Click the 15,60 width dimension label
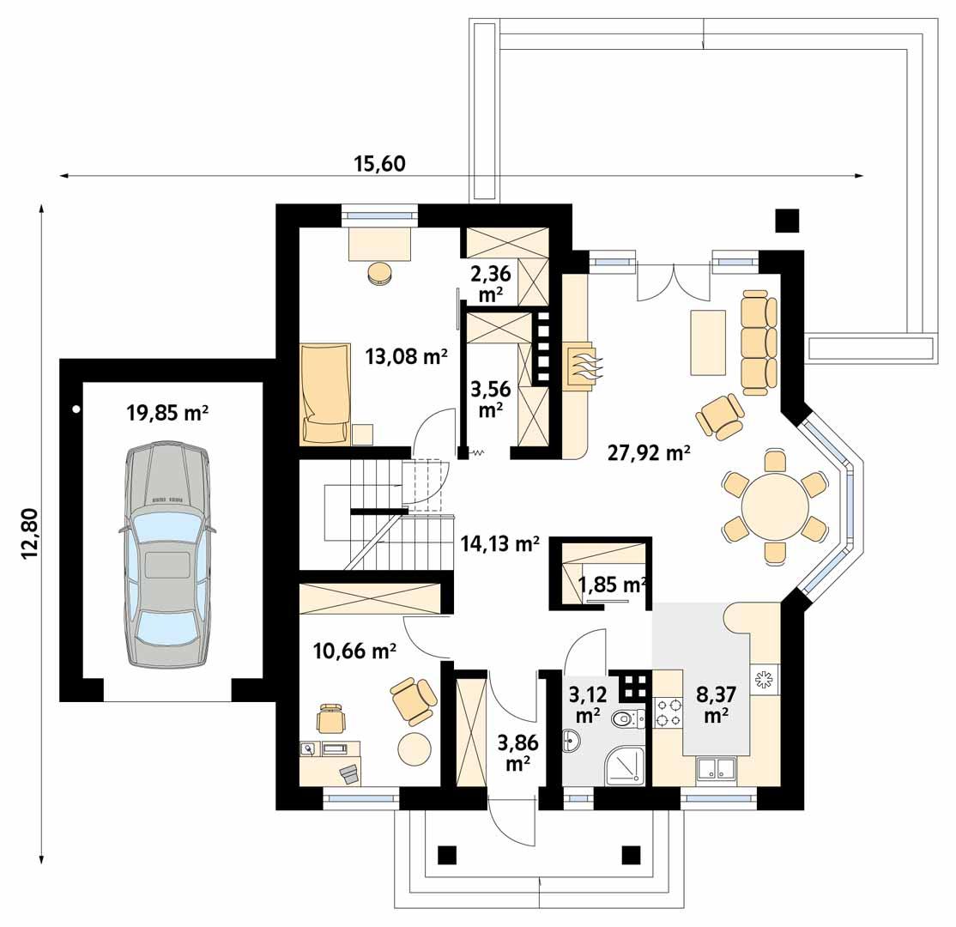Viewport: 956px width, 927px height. pyautogui.click(x=378, y=163)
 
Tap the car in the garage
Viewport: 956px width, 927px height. pyautogui.click(x=167, y=555)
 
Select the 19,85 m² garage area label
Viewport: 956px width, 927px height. pyautogui.click(x=168, y=413)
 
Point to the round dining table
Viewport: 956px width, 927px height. pyautogui.click(x=775, y=507)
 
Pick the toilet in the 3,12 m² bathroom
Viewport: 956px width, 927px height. pyautogui.click(x=626, y=718)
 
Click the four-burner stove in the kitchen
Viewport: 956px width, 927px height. pyautogui.click(x=668, y=711)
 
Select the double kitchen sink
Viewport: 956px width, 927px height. pyautogui.click(x=715, y=769)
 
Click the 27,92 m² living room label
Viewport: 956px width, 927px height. pyautogui.click(x=649, y=453)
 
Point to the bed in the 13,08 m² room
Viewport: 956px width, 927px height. pyautogui.click(x=324, y=394)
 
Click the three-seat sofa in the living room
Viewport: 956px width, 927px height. pyautogui.click(x=759, y=336)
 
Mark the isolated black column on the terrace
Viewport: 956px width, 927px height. pyautogui.click(x=787, y=221)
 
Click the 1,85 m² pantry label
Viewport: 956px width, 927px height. pyautogui.click(x=611, y=585)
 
